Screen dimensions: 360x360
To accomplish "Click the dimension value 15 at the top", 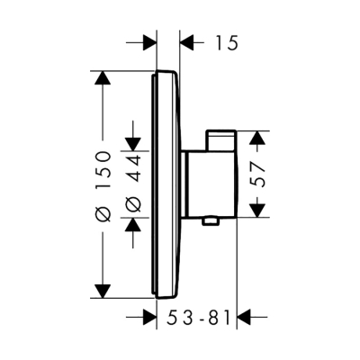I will pos(226,42).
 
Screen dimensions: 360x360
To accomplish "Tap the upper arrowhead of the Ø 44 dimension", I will pos(132,143).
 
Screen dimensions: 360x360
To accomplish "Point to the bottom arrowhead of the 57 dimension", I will pos(257,211).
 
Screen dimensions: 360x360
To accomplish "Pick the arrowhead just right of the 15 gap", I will pos(190,42).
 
